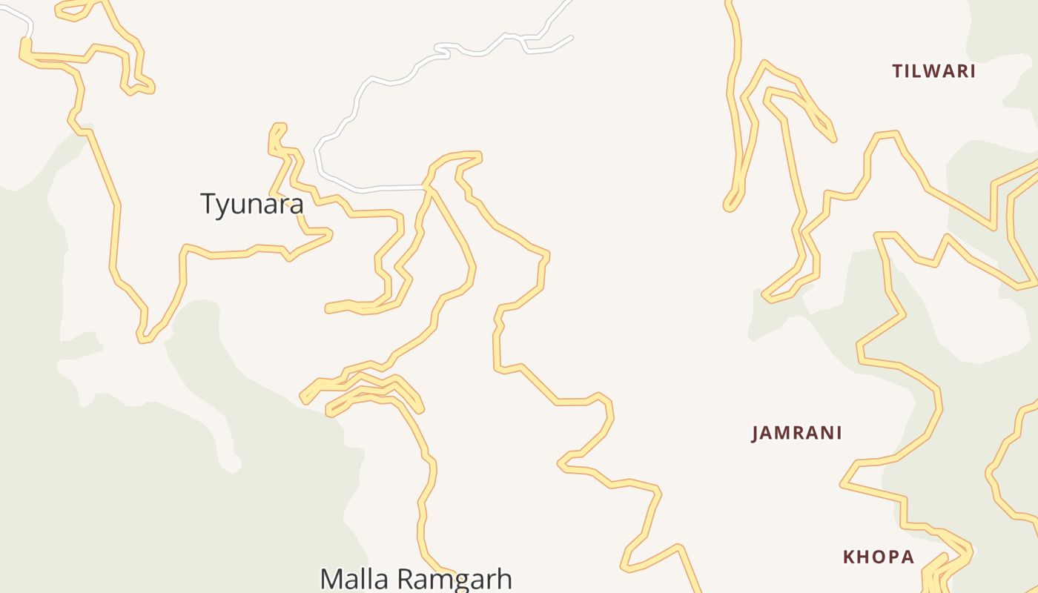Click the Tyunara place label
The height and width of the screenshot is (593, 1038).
(x=252, y=204)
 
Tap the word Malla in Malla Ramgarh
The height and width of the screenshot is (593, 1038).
(x=354, y=579)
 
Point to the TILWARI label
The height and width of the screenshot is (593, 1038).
(x=933, y=71)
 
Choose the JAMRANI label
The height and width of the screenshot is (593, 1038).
(x=796, y=433)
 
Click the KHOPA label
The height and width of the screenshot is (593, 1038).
(x=878, y=557)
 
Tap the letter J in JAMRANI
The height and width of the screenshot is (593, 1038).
(x=756, y=434)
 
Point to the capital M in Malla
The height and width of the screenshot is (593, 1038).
(x=331, y=579)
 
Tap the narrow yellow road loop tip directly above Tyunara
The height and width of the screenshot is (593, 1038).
(x=280, y=127)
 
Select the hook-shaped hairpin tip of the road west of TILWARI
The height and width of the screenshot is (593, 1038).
(x=729, y=206)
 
